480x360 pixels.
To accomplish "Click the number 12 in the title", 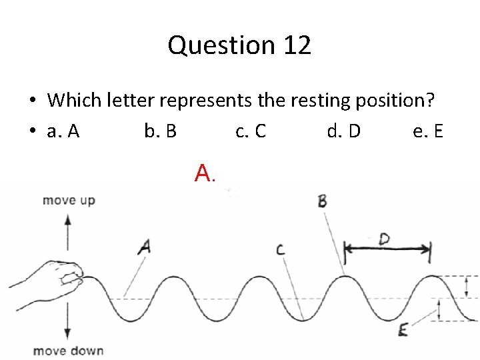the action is pos(297,45).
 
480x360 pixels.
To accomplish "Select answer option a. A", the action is pos(63,131).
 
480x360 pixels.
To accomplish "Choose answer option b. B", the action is pos(161,131).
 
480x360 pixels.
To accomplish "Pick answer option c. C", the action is pos(251,131).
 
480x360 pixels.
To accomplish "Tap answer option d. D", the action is pos(343,131).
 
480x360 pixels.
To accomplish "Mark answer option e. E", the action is pos(428,131).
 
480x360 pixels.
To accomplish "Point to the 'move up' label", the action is pos(69,201).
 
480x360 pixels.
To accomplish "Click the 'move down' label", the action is pos(69,351).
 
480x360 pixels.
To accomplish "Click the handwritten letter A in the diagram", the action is pos(145,247).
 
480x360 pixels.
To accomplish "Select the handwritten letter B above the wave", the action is pos(322,201).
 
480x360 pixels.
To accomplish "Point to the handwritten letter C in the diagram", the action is pos(280,250).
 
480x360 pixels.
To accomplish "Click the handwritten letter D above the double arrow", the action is pos(385,239).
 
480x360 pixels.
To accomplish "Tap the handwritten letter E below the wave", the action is pos(403,330).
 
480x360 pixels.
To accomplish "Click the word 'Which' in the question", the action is pos(74,101).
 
